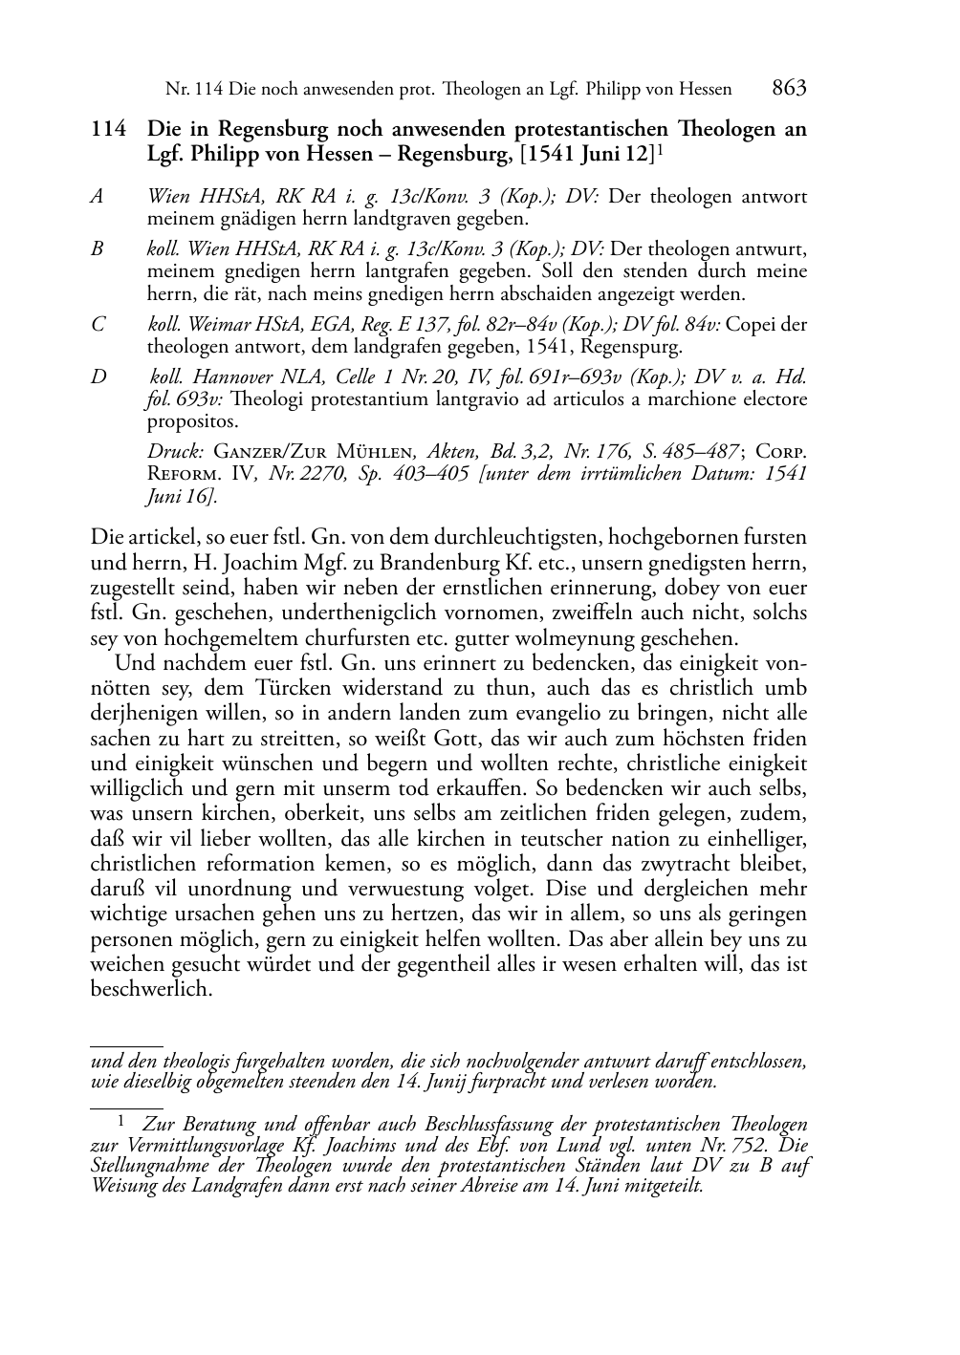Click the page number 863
[789, 89]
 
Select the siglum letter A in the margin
[97, 197]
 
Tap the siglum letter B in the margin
[97, 249]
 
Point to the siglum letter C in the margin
[98, 325]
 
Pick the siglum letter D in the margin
[98, 376]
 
